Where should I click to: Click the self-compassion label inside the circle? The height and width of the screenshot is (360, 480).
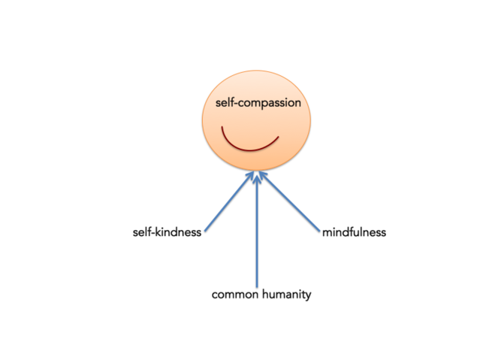(x=258, y=103)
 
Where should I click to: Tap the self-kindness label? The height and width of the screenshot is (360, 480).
(x=168, y=232)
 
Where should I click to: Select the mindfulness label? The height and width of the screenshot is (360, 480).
(x=355, y=232)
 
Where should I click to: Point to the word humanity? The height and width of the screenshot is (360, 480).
(x=287, y=295)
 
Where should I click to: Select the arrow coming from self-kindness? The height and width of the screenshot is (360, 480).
(x=229, y=201)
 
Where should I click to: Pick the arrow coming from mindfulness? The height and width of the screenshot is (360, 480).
(x=290, y=201)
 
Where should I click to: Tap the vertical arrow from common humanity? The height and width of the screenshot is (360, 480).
(x=257, y=231)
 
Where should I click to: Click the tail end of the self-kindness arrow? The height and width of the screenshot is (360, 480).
(x=205, y=231)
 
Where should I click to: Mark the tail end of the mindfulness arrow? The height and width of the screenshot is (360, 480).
(x=319, y=231)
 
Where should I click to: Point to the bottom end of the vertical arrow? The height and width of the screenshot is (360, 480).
(x=257, y=288)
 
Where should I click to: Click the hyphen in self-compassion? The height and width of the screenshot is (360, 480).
(x=235, y=104)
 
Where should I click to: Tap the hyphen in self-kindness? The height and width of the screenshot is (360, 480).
(x=152, y=233)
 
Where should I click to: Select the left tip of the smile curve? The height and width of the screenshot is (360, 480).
(x=222, y=126)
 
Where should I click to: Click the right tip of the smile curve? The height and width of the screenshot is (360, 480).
(x=278, y=137)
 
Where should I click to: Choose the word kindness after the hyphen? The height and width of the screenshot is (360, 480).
(x=179, y=232)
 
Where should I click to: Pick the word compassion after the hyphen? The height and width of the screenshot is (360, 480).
(x=270, y=104)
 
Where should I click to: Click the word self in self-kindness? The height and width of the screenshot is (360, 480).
(x=142, y=232)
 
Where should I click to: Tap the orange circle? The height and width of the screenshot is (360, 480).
(x=257, y=120)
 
